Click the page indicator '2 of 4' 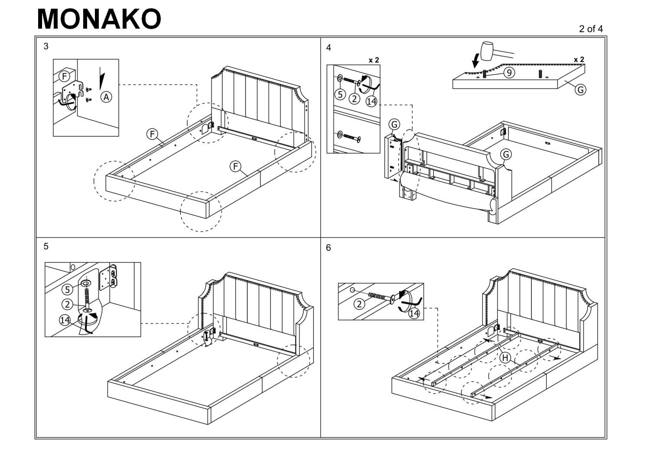click(x=591, y=29)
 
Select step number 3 click(x=46, y=46)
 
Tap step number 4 click(x=328, y=48)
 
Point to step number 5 click(x=46, y=246)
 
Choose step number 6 click(x=328, y=248)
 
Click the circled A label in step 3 click(x=106, y=98)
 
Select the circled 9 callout click(x=509, y=72)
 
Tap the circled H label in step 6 click(x=505, y=358)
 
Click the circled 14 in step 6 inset click(x=414, y=313)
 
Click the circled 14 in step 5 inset click(x=65, y=320)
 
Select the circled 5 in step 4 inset click(x=341, y=95)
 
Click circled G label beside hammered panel click(x=580, y=89)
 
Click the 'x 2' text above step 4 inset click(x=374, y=60)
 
